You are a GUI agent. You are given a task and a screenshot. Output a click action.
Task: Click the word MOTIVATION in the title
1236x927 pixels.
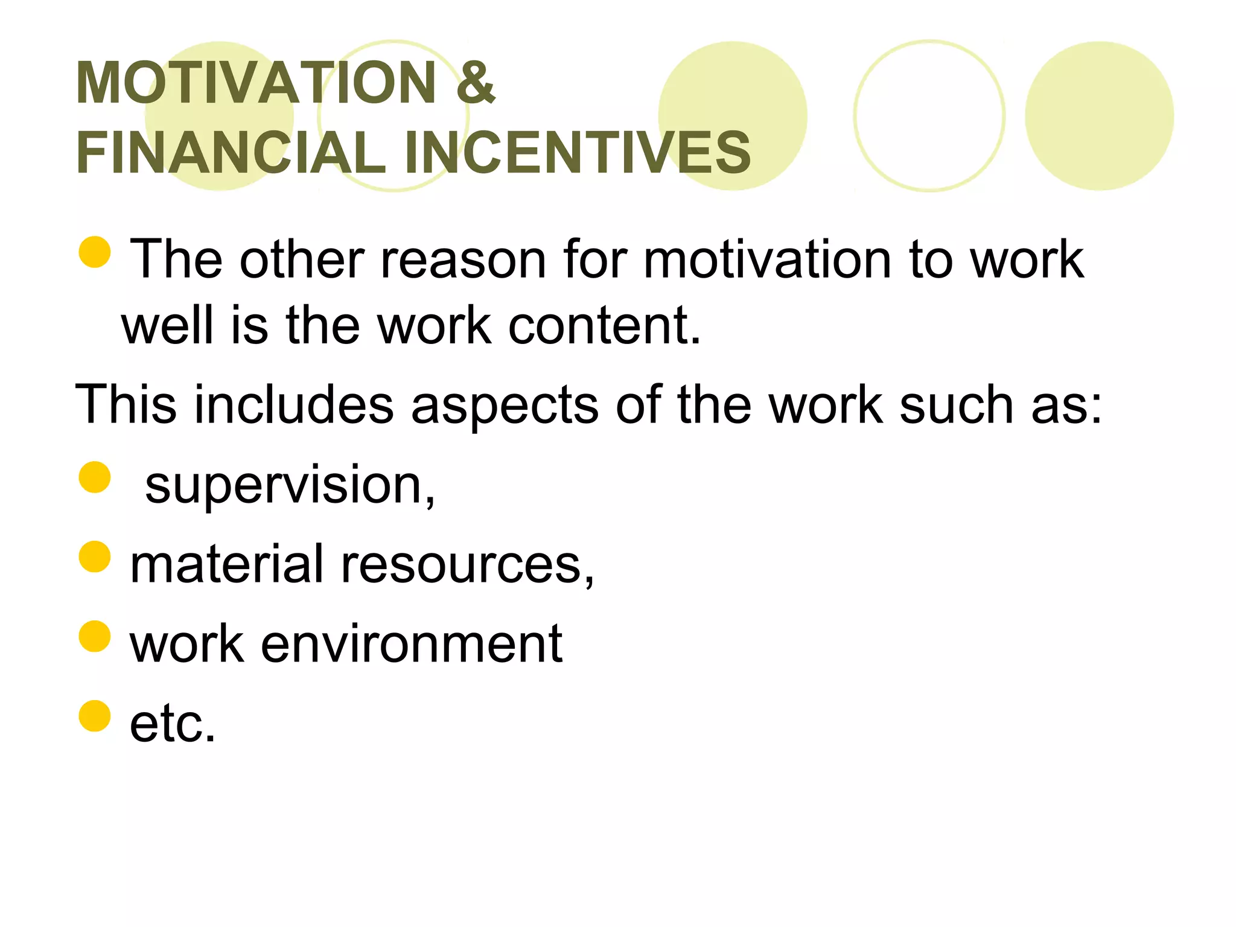pyautogui.click(x=256, y=83)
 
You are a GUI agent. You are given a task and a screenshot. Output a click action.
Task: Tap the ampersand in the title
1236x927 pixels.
pyautogui.click(x=476, y=83)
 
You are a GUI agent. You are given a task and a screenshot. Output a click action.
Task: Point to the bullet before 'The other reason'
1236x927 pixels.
pyautogui.click(x=95, y=252)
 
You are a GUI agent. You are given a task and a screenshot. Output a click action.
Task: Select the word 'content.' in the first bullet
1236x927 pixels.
pyautogui.click(x=605, y=326)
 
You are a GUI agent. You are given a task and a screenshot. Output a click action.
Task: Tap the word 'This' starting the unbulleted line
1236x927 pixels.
pyautogui.click(x=126, y=404)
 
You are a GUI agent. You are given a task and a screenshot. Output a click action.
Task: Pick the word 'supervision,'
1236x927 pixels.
pyautogui.click(x=290, y=486)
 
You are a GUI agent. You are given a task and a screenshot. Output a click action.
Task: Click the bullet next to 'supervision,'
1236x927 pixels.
pyautogui.click(x=95, y=477)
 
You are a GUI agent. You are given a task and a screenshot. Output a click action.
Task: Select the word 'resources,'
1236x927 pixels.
pyautogui.click(x=468, y=565)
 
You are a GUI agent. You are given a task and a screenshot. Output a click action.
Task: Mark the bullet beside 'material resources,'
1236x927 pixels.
pyautogui.click(x=95, y=556)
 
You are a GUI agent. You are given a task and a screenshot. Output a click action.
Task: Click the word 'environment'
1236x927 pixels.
pyautogui.click(x=412, y=644)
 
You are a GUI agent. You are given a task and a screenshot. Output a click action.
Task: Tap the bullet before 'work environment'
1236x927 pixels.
pyautogui.click(x=95, y=636)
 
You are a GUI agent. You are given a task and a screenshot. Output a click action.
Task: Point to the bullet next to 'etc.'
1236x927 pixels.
pyautogui.click(x=95, y=716)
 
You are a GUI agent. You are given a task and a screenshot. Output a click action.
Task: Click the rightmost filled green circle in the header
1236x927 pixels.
pyautogui.click(x=1099, y=116)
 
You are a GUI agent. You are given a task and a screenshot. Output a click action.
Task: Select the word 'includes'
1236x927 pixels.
pyautogui.click(x=294, y=404)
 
